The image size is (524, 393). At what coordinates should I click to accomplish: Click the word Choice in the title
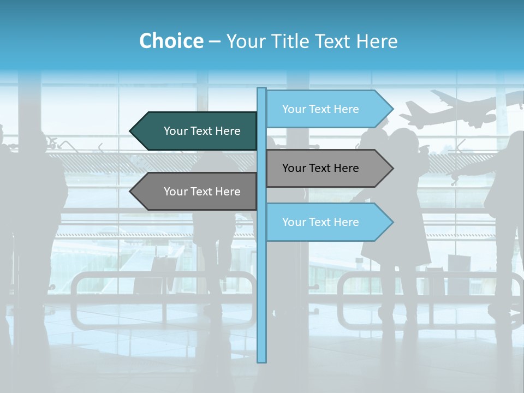[171, 41]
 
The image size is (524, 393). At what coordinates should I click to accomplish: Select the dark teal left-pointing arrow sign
[196, 131]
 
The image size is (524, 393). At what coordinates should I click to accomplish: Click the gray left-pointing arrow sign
[196, 192]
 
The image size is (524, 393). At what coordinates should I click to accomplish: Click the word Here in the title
[377, 41]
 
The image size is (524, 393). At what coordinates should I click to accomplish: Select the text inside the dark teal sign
[202, 131]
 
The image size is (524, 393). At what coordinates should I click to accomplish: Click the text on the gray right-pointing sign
[320, 168]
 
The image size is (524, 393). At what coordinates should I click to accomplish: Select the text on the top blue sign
[320, 109]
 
